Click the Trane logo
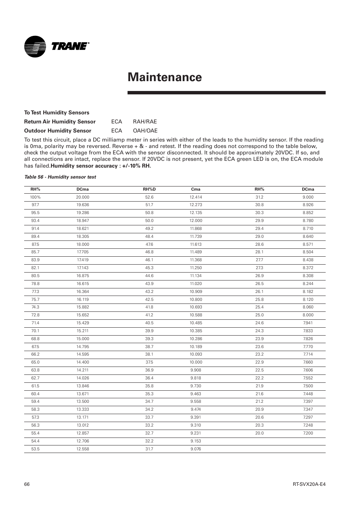pos(57,46)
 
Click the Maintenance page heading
pos(165,77)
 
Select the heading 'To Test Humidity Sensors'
pos(57,112)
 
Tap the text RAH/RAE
pos(145,122)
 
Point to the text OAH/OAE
pos(145,131)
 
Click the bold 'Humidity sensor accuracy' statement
pos(101,166)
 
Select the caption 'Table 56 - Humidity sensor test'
pos(60,177)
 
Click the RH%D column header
pos(149,189)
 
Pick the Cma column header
pos(195,189)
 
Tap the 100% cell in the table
pos(35,197)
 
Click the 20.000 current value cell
pos(83,197)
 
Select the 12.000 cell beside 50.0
pos(195,220)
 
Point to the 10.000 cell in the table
pos(195,362)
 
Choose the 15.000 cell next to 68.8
pos(83,339)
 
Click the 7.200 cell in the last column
pos(308,433)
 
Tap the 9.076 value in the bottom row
pos(195,449)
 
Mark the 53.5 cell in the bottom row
pos(35,449)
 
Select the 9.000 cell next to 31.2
pos(308,197)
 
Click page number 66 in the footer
pos(27,484)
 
